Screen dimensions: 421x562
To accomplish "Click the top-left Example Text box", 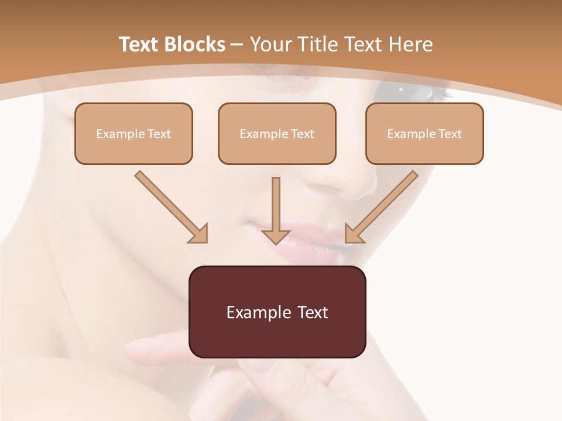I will tap(133, 134).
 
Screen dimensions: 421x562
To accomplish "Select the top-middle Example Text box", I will tap(277, 134).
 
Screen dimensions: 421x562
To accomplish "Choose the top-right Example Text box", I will tap(424, 134).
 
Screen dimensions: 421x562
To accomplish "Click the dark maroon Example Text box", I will tap(277, 312).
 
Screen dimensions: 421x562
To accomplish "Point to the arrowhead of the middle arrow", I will tap(276, 236).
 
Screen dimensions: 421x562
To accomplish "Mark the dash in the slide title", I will tap(237, 44).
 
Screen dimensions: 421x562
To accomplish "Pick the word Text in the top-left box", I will tap(159, 134).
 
